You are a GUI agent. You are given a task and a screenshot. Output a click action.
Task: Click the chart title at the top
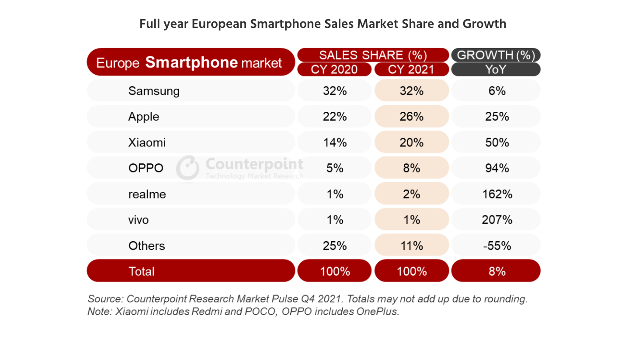point(323,24)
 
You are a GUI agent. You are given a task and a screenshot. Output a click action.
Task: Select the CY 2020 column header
point(334,69)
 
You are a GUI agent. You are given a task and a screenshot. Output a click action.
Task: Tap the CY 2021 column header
point(411,69)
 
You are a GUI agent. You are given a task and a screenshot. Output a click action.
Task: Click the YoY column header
point(496,69)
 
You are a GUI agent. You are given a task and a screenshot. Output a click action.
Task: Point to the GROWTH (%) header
point(496,55)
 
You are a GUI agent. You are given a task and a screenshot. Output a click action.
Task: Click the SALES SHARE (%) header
point(373,55)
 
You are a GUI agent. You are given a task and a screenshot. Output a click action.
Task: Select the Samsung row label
point(154,91)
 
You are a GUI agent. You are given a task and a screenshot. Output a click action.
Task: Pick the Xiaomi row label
point(147,142)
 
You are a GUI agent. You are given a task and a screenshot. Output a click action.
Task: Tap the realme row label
point(147,194)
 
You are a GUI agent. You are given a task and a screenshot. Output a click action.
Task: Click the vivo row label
point(139,220)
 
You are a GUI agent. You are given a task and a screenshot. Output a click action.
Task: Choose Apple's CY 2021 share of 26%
point(411,117)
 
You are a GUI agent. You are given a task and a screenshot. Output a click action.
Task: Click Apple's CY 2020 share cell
point(334,117)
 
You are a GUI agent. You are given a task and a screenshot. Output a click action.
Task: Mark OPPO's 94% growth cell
point(497,168)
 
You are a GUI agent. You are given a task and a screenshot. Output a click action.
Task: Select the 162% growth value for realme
point(497,194)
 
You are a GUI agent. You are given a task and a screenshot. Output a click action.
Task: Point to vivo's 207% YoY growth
point(497,220)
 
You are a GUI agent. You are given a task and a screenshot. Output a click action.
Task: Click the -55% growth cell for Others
point(497,246)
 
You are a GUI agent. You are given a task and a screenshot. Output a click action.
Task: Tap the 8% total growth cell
point(497,271)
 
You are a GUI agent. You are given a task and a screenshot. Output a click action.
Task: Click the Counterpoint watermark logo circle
point(188,168)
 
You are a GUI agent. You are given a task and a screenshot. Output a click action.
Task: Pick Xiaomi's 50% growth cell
point(497,142)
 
